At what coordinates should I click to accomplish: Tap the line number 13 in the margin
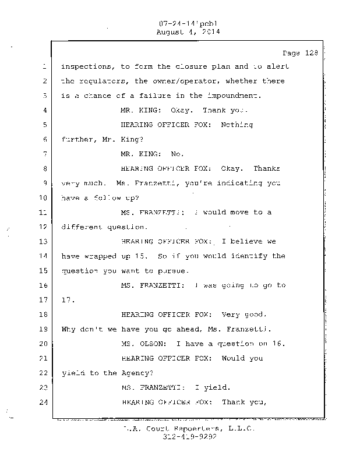(x=43, y=241)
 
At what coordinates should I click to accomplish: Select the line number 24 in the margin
(x=43, y=403)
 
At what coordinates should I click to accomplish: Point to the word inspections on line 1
(x=85, y=66)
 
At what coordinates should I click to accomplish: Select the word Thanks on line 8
(x=267, y=169)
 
